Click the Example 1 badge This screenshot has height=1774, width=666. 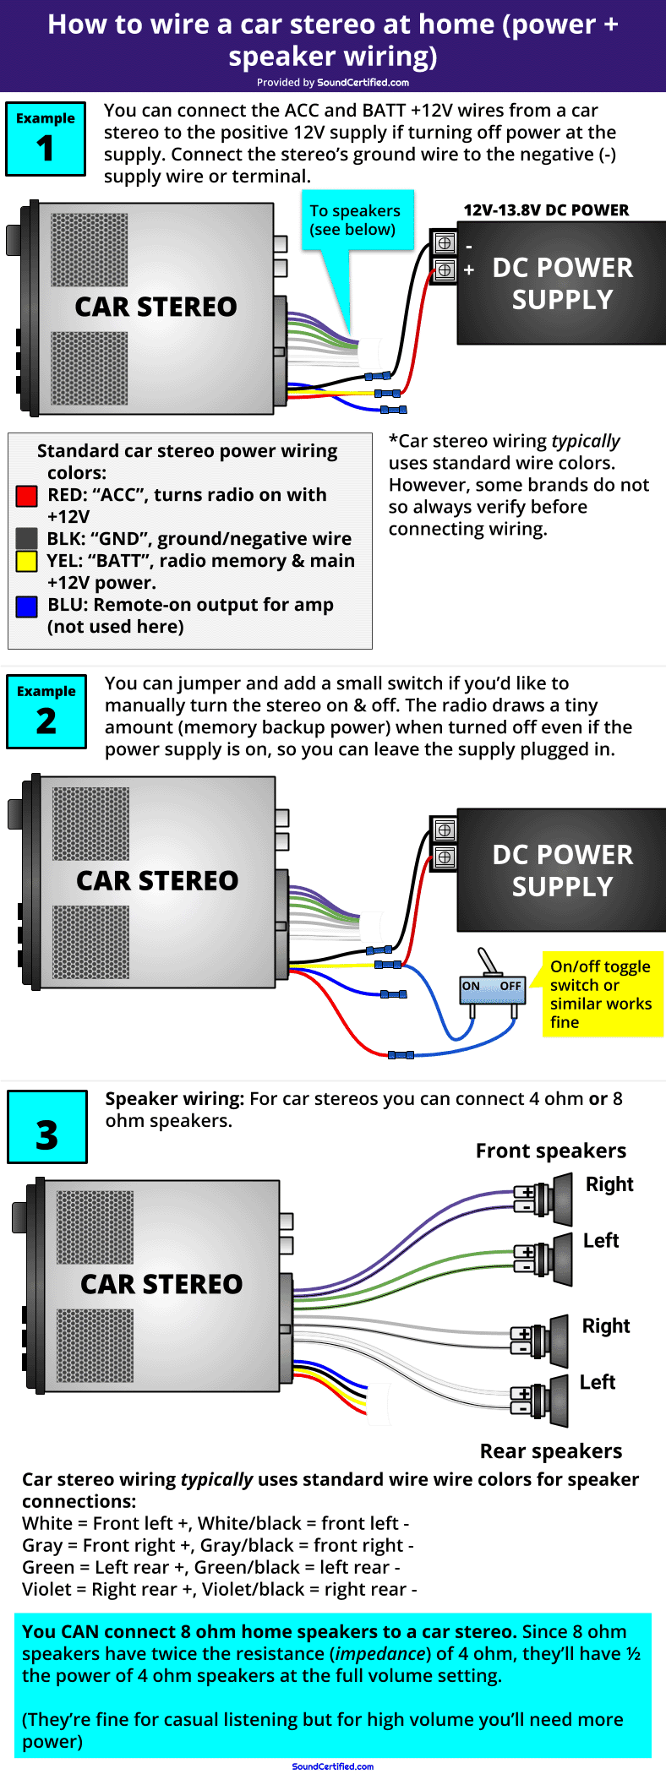[x=46, y=139]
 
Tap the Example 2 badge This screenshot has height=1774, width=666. [x=46, y=711]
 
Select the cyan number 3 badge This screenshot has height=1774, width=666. [x=47, y=1127]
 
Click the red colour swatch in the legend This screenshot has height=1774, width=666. [x=26, y=496]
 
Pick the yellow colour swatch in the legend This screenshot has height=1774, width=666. [x=26, y=561]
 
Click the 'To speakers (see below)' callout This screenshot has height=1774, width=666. [x=355, y=220]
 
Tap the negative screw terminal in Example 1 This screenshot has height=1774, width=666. [x=445, y=243]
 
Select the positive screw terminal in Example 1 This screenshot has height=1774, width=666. [x=445, y=270]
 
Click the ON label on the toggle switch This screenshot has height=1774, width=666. [x=471, y=986]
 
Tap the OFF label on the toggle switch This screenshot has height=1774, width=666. [x=510, y=986]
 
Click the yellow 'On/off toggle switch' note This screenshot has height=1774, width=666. [x=601, y=994]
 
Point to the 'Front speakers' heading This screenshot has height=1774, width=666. [x=551, y=1151]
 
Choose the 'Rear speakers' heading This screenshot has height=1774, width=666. [x=551, y=1450]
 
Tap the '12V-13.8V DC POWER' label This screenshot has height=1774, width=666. [x=546, y=210]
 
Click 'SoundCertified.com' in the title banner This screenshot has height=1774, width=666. [x=363, y=83]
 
